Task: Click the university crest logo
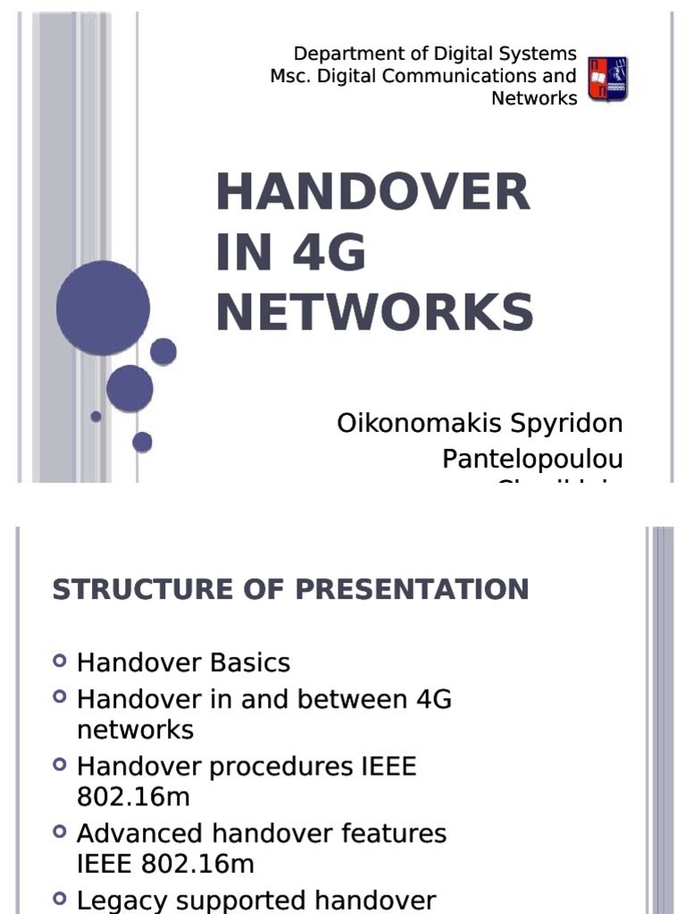[607, 79]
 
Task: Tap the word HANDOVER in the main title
[372, 192]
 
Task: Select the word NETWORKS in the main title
[374, 312]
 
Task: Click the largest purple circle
[103, 308]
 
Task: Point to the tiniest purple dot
[96, 416]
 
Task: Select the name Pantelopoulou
[532, 460]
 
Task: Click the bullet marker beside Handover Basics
[60, 661]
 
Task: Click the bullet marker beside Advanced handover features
[60, 832]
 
